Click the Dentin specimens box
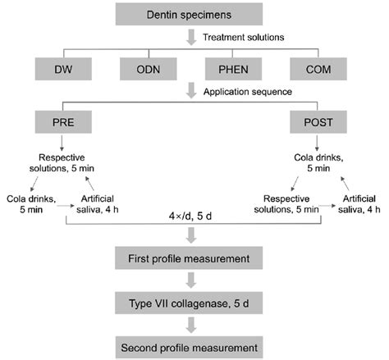195,13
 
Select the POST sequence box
313,121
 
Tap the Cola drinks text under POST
313,161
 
